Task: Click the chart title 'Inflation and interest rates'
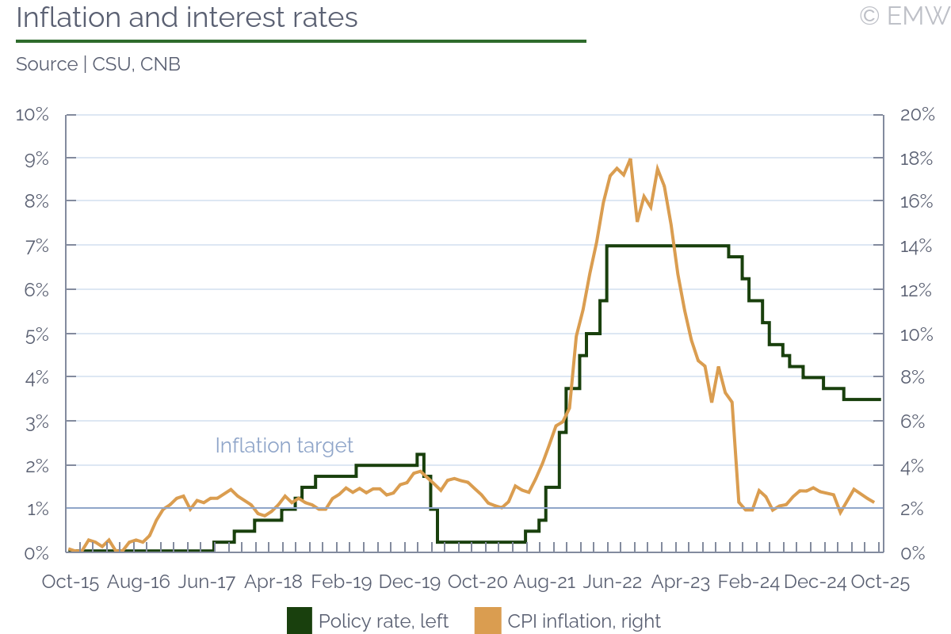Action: [x=187, y=17]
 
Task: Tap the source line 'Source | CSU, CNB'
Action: [x=98, y=64]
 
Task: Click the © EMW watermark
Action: [x=903, y=16]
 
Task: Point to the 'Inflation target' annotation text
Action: [x=285, y=445]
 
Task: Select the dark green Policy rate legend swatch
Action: [x=300, y=621]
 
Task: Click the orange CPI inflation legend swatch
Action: [x=487, y=621]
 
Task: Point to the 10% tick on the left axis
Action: [x=32, y=115]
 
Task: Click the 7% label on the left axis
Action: [x=36, y=246]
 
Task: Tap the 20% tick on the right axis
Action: [x=918, y=115]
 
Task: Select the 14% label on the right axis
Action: [x=918, y=246]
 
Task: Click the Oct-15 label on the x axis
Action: [x=71, y=582]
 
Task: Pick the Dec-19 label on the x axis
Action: [x=409, y=582]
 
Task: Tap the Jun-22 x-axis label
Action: [x=612, y=582]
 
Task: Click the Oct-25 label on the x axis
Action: [x=879, y=582]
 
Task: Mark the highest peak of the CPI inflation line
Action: [x=630, y=158]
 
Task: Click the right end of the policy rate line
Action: [x=880, y=399]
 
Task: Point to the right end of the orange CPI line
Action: [x=873, y=502]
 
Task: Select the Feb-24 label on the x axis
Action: [x=747, y=582]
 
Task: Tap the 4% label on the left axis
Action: [x=36, y=378]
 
